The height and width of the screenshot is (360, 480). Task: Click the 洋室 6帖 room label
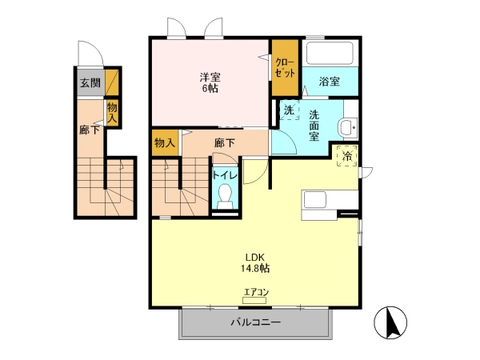pos(210,82)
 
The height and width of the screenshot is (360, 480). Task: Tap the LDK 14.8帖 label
pos(254,262)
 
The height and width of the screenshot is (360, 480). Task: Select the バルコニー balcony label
pos(256,322)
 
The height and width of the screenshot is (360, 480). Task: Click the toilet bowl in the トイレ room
pos(226,195)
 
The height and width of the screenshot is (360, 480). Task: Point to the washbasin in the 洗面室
pos(348,126)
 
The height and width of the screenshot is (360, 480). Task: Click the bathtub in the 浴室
pos(330,53)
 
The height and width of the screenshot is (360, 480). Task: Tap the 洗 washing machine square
pos(290,110)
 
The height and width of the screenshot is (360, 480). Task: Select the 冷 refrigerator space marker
pos(347,156)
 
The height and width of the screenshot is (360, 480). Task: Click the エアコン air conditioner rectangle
pos(254,300)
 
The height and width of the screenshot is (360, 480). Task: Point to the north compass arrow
pos(391,322)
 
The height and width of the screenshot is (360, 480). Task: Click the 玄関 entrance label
pos(90,82)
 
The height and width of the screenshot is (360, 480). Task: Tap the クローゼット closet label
pos(285,67)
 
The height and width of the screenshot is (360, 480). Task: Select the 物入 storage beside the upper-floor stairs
pos(165,142)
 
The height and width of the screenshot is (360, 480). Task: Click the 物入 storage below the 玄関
pos(112,114)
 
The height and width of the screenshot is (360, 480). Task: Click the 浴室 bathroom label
pos(330,82)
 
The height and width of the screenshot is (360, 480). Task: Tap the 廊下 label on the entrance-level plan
pos(90,130)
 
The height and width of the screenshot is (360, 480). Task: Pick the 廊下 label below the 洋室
pos(224,142)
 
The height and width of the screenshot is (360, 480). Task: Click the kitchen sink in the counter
pos(314,200)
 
